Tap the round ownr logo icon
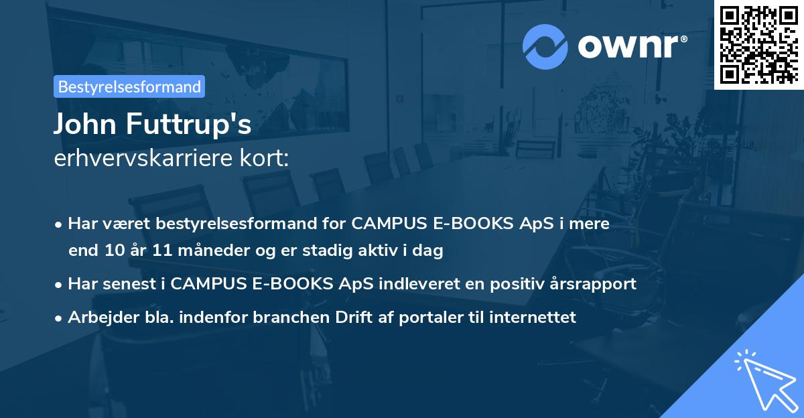(545, 47)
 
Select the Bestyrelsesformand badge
(129, 86)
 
